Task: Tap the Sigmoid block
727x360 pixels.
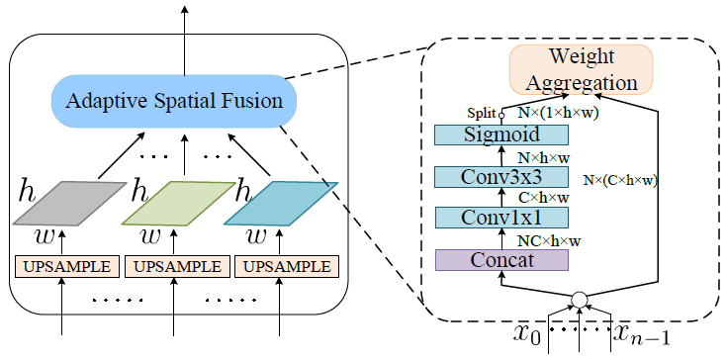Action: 501,135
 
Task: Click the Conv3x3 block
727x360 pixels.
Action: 501,177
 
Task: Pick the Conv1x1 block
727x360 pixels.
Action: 501,218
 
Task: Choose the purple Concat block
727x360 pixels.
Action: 501,259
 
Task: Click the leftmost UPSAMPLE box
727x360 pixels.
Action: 65,267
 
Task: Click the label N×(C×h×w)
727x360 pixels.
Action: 620,180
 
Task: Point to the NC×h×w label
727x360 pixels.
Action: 548,240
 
